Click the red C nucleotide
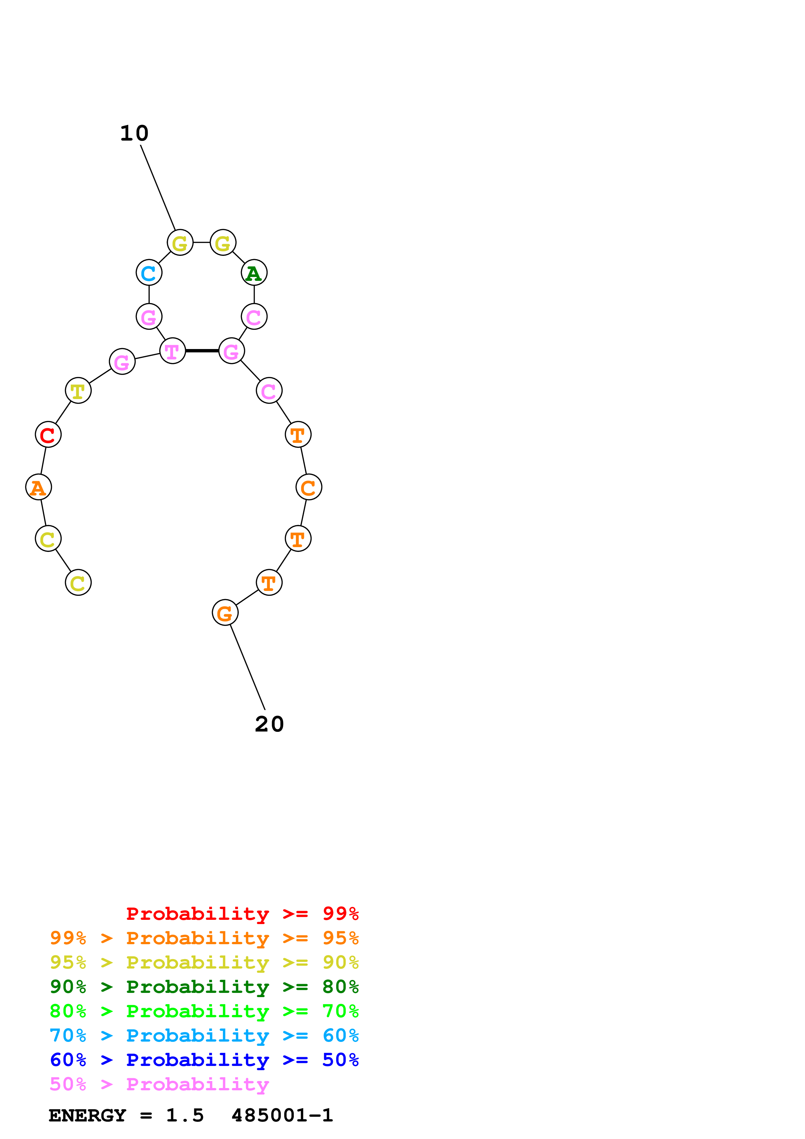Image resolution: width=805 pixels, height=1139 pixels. (48, 434)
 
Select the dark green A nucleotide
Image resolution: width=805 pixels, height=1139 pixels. (254, 273)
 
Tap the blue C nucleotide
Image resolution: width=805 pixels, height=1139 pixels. (149, 273)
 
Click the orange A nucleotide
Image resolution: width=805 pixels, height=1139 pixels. (38, 487)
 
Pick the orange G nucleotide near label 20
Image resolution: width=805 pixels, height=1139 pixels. (225, 613)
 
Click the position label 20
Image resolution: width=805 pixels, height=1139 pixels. (269, 724)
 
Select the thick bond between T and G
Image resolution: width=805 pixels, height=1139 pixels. (202, 351)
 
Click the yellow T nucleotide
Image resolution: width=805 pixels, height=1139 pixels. (78, 391)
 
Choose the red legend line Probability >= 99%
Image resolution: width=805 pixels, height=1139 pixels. (242, 914)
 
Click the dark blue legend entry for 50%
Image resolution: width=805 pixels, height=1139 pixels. (204, 1060)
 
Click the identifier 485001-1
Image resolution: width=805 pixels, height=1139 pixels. (282, 1115)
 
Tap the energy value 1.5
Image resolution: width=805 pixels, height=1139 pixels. (184, 1115)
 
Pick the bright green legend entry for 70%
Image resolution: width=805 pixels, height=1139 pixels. (204, 1011)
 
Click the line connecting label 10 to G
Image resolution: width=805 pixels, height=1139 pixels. (158, 188)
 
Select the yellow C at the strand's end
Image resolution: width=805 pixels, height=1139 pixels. (78, 582)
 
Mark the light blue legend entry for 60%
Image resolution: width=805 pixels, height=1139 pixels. (204, 1035)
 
